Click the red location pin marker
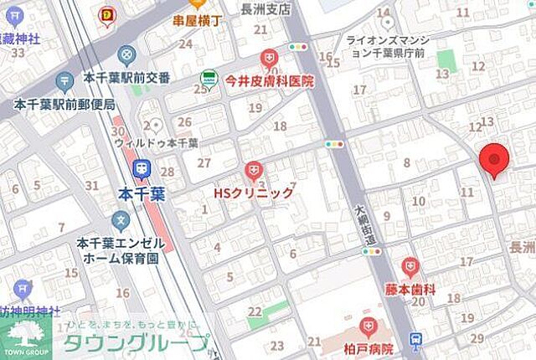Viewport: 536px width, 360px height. click(x=494, y=159)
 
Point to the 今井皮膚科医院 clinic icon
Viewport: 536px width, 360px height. click(x=269, y=59)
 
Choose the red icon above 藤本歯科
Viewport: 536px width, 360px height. click(x=410, y=267)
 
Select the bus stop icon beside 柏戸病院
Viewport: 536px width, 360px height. click(x=416, y=339)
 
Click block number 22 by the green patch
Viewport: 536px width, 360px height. click(x=254, y=311)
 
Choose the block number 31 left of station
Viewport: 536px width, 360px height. click(x=91, y=186)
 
